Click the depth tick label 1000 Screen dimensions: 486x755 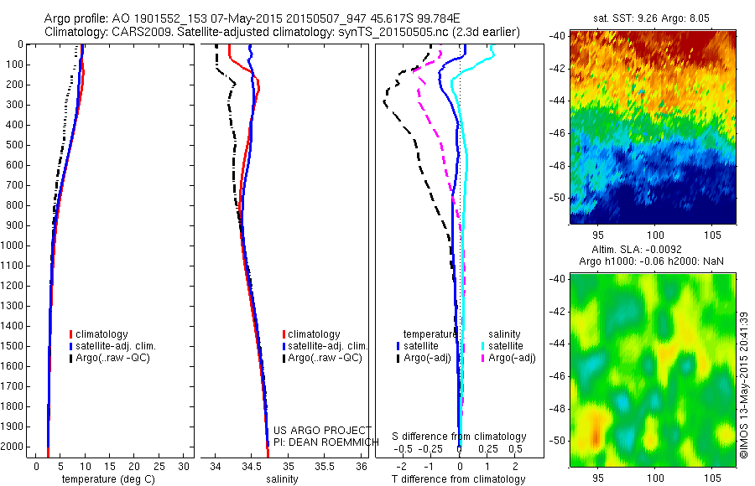[x=14, y=246]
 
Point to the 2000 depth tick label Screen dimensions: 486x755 [x=14, y=447]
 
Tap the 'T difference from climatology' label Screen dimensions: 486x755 [x=458, y=479]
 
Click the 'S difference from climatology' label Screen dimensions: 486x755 [x=460, y=437]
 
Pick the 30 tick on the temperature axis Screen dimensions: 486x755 [x=185, y=466]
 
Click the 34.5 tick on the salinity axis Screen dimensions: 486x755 [x=252, y=466]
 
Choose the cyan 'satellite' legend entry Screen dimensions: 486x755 [x=507, y=346]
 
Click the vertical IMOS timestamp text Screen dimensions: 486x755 [x=743, y=386]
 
